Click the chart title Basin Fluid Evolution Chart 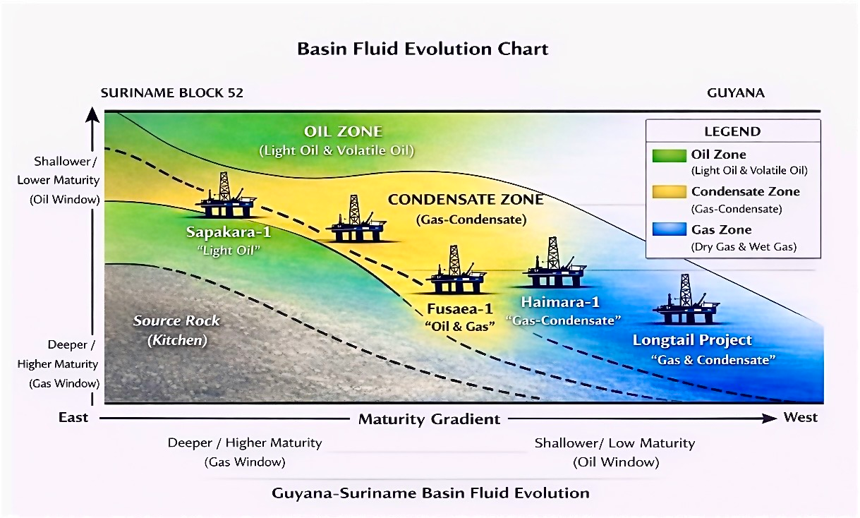click(423, 49)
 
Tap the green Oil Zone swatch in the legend click(668, 155)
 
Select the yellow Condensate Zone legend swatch click(668, 192)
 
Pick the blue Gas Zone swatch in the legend click(668, 229)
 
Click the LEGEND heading click(732, 132)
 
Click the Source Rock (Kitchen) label click(176, 330)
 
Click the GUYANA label click(736, 93)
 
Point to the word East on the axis click(73, 418)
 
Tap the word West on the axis click(801, 418)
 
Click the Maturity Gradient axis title click(430, 419)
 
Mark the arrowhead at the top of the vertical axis click(92, 115)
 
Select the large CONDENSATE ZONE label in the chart click(466, 200)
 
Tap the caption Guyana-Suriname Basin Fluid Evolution click(430, 493)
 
